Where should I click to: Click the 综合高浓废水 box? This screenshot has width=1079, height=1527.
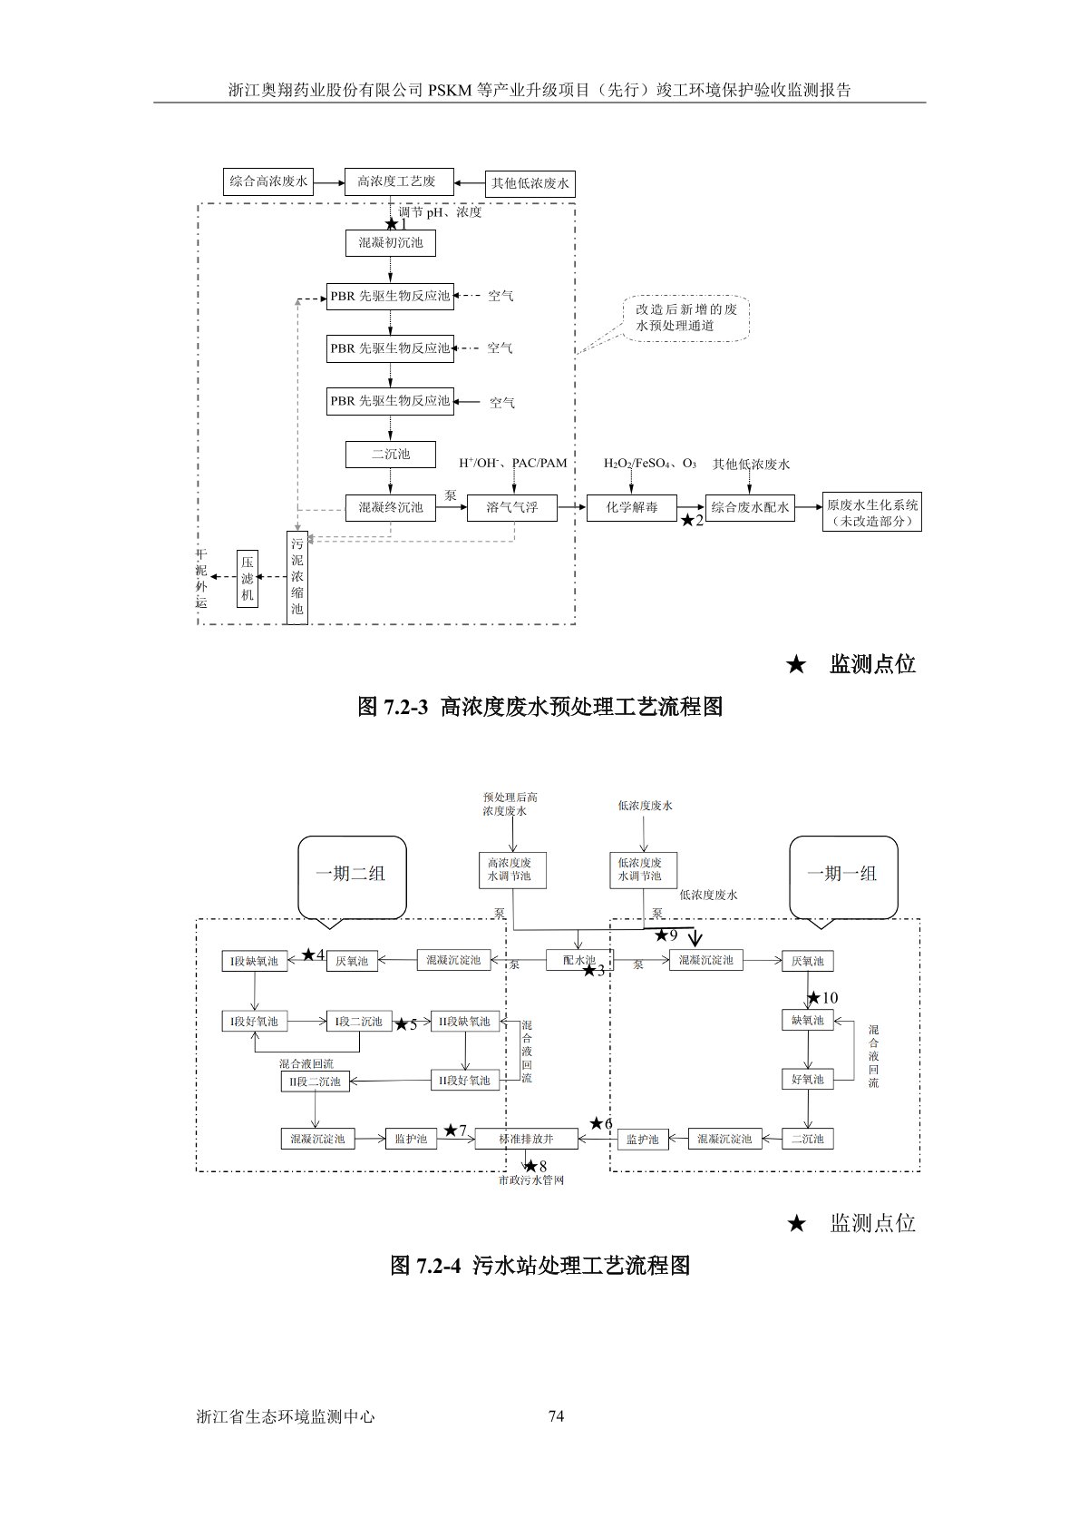pos(268,181)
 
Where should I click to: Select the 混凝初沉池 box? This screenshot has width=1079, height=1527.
pos(390,243)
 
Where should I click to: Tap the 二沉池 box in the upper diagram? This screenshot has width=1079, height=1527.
pos(390,454)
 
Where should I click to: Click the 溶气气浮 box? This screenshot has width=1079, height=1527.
pos(511,508)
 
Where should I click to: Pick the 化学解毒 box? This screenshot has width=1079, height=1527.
pos(632,508)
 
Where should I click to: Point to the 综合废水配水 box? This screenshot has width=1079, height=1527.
pos(750,508)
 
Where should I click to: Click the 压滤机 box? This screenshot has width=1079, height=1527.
pos(248,578)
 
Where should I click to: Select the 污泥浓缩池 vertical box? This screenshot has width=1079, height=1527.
pos(296,578)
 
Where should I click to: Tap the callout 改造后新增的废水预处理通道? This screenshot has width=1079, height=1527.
pos(686,318)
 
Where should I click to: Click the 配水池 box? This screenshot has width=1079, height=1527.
pos(578,960)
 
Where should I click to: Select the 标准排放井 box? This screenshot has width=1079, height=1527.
pos(526,1139)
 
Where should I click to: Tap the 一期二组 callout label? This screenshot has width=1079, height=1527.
pos(351,874)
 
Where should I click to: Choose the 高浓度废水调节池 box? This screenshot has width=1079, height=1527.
pos(510,869)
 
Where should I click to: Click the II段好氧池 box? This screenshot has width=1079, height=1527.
pos(465,1080)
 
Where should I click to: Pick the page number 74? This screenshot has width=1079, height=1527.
pos(556,1416)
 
